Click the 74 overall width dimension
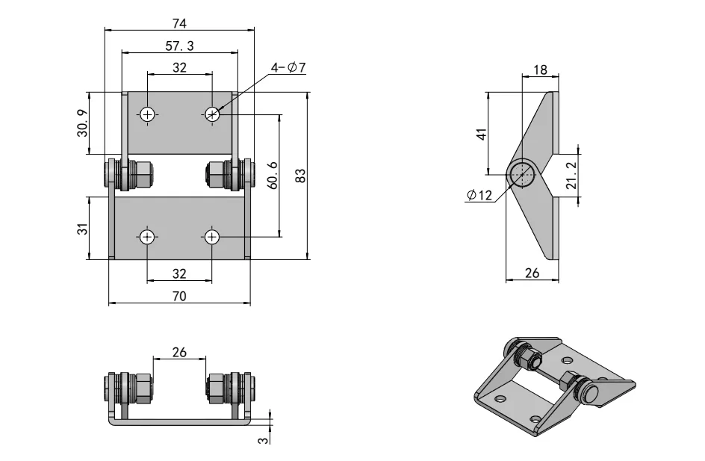point(179,22)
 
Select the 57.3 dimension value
point(179,46)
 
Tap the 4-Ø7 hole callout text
point(288,68)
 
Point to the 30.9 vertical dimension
point(82,123)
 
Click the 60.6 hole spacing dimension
point(273,176)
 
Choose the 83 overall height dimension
point(300,176)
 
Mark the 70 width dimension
point(179,296)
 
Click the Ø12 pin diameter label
point(479,196)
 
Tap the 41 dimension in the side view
point(482,134)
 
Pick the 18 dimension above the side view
point(540,70)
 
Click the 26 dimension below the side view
point(532,273)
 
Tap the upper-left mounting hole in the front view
point(148,114)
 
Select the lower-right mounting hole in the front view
point(212,237)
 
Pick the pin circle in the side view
point(523,174)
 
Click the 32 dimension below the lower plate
point(179,273)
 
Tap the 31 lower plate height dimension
point(82,228)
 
